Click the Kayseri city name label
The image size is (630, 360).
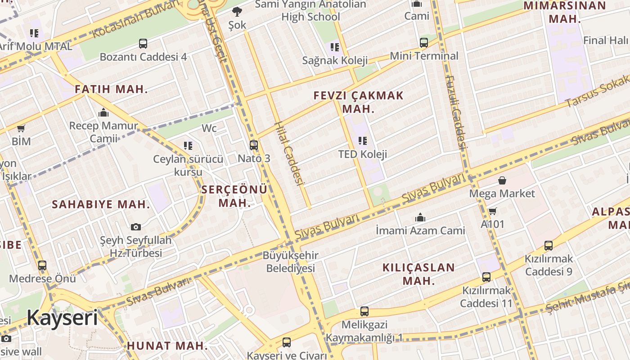62,318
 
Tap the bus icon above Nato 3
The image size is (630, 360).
254,145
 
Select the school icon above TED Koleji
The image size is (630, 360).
363,141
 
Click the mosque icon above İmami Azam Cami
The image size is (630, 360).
420,218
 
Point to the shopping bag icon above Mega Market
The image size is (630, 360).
502,180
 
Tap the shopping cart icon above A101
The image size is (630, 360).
493,211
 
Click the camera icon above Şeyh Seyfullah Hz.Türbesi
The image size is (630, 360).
136,227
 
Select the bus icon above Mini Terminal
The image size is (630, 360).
424,43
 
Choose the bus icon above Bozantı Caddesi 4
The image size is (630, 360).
143,44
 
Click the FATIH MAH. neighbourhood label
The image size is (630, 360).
111,89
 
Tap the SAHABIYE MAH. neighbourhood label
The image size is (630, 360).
101,204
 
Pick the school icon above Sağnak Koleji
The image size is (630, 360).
334,47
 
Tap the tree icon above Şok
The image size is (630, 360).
237,12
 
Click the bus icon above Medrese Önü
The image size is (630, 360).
42,265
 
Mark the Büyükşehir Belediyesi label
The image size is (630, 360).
290,262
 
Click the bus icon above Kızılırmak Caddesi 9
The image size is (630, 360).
549,246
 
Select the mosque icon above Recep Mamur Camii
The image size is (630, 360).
103,112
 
